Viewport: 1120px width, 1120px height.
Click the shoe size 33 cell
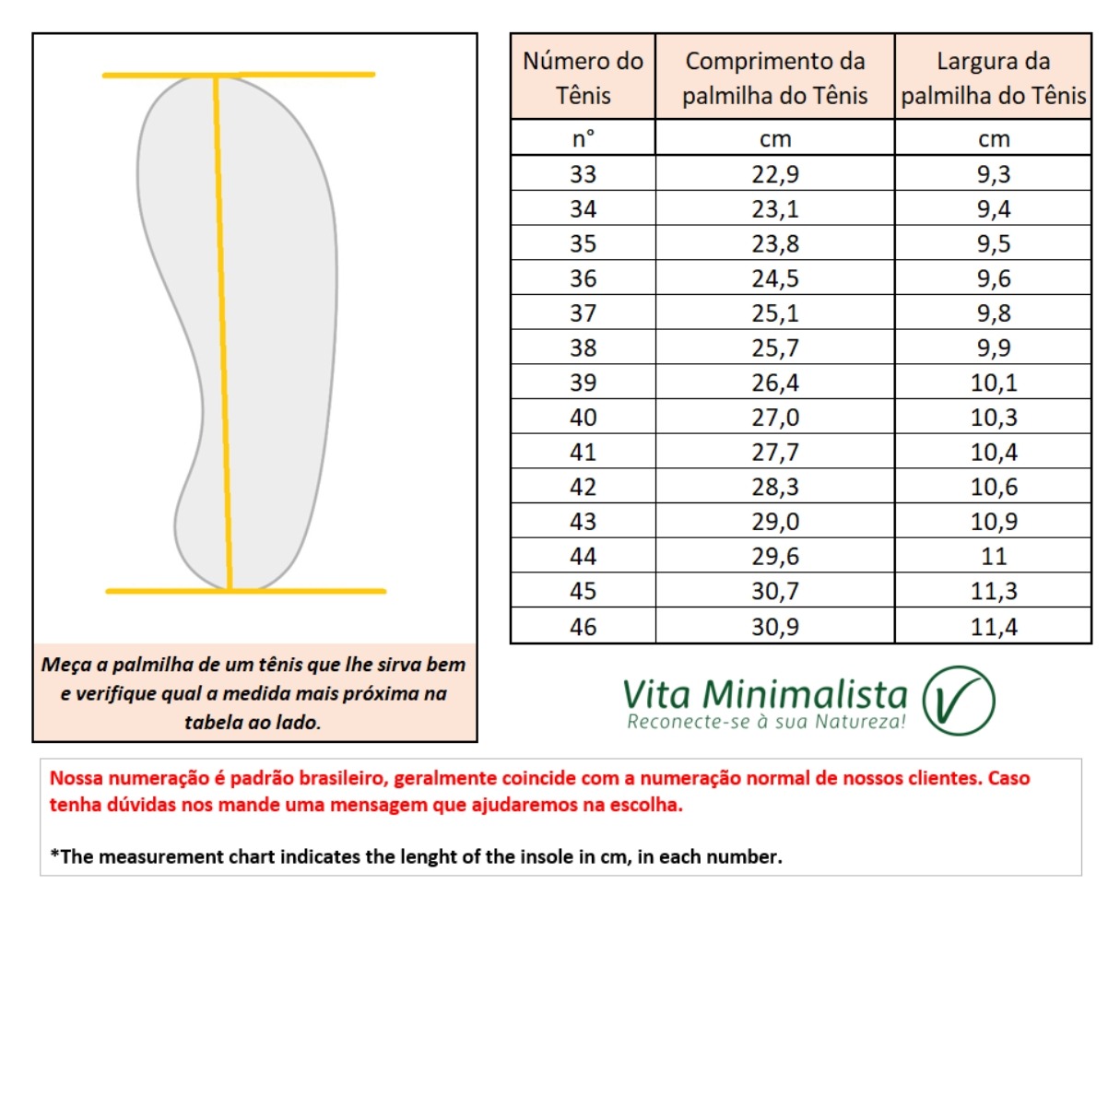tap(583, 174)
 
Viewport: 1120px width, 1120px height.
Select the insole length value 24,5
tap(774, 278)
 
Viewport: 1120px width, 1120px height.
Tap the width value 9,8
tap(993, 313)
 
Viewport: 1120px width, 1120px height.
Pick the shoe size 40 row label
tap(583, 418)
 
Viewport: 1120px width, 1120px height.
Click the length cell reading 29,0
tap(774, 522)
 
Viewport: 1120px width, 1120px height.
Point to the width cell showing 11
tap(993, 557)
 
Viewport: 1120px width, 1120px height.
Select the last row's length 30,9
tap(774, 627)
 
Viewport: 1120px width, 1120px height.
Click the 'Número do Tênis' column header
tap(583, 77)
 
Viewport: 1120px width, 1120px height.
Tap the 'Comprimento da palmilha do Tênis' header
tap(774, 77)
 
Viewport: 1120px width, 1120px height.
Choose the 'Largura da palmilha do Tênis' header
tap(993, 77)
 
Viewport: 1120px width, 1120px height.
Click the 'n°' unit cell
tap(583, 139)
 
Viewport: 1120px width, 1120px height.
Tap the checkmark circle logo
tap(959, 701)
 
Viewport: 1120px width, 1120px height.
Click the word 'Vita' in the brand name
tap(658, 694)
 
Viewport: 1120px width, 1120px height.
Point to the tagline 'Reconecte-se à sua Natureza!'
tap(766, 722)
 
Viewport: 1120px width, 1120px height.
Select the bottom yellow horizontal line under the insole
tap(245, 591)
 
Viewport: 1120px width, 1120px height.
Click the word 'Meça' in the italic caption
tap(66, 665)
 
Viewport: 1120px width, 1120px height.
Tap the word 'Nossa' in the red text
tap(77, 778)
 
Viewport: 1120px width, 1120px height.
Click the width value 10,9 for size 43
tap(993, 522)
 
